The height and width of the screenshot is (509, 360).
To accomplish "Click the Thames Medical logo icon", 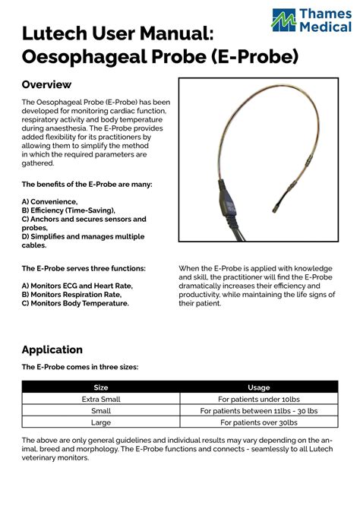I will coord(284,21).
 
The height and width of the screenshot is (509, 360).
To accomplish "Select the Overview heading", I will coord(46,84).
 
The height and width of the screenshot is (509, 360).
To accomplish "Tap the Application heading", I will coord(52,349).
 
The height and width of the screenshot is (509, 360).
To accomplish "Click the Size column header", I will coord(100,387).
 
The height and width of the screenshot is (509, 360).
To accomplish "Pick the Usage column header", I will coord(258,387).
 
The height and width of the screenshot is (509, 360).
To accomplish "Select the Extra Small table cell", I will coord(100,399).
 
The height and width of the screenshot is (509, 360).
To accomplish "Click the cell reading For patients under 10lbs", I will coord(258,399).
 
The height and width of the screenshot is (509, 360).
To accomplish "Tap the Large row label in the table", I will coord(100,422).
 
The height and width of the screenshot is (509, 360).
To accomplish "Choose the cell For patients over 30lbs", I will coord(258,422).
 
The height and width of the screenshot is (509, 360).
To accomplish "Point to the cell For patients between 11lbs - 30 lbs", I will coord(258,410).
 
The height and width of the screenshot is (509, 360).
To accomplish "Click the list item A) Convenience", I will coord(49,201).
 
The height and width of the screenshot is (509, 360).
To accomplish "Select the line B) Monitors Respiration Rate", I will coord(71,294).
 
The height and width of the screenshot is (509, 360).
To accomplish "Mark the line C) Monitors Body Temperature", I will coord(75,303).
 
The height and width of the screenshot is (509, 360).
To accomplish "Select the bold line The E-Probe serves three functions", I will coord(84,268).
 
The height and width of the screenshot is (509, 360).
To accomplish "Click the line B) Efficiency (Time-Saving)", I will coord(68,210).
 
